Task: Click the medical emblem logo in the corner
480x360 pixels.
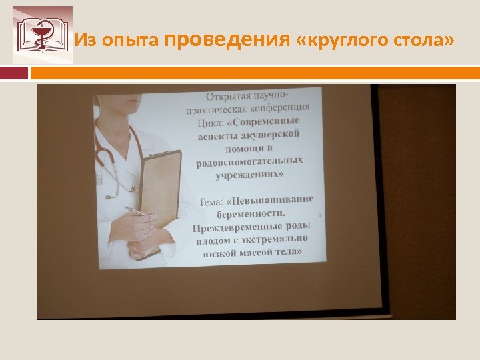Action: (x=43, y=35)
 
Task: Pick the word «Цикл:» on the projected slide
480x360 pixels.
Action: (x=211, y=122)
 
